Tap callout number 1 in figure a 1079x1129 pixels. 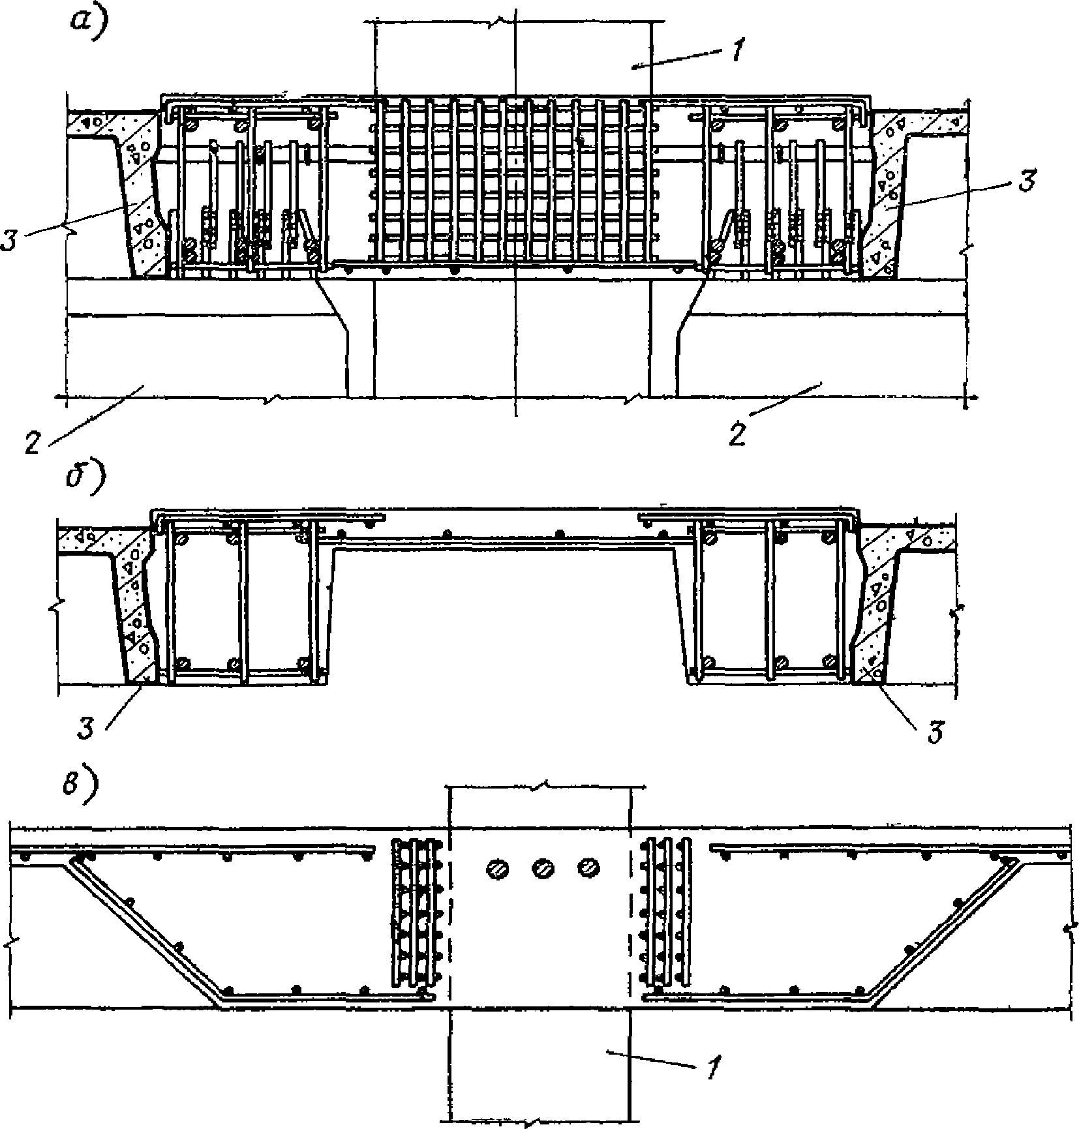tap(735, 50)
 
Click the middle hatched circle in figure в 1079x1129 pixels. tap(543, 868)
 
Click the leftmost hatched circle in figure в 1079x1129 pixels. tap(497, 868)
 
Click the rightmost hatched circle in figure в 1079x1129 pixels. tap(588, 867)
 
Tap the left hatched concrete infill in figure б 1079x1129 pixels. tap(136, 613)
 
